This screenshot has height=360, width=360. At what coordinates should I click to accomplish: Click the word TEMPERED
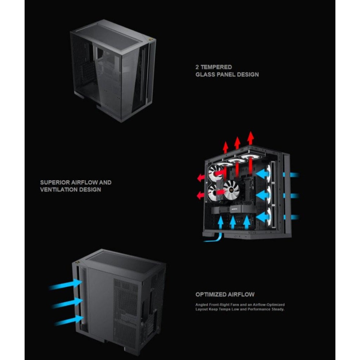click(216, 67)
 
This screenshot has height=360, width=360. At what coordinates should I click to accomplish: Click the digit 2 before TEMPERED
click(197, 67)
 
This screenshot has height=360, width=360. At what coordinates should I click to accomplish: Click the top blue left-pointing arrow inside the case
click(262, 174)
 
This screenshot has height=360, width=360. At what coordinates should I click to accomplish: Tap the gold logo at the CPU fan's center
click(231, 190)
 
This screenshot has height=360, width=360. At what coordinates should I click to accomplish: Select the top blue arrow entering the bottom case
click(66, 285)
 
